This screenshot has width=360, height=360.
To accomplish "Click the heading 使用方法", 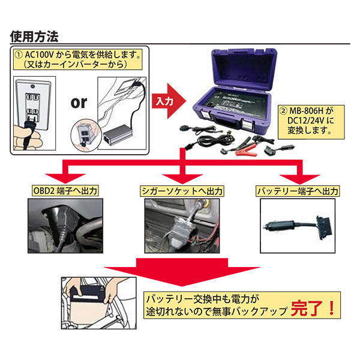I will point(35,36).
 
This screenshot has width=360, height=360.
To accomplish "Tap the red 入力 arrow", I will point(166,101).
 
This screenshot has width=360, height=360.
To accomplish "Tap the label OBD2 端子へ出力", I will point(64,191).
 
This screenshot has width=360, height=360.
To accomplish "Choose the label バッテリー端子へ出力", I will point(297,191).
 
